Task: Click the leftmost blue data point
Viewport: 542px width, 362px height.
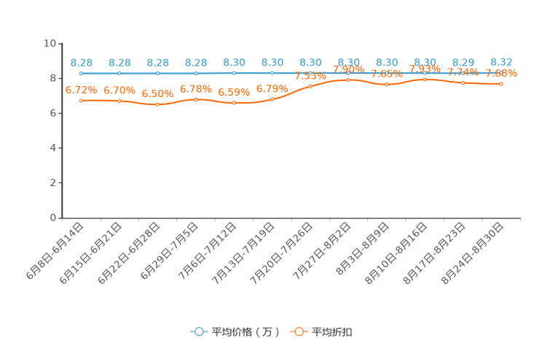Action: (82, 73)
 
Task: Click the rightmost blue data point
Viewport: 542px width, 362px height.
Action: (501, 73)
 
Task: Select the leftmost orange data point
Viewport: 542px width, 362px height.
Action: (82, 101)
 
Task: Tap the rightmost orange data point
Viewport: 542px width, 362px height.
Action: (501, 84)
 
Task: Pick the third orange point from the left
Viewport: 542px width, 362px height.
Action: (158, 105)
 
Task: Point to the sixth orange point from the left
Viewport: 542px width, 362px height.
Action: (272, 99)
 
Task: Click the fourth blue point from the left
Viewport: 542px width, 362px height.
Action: (196, 73)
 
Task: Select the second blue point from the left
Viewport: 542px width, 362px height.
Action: (119, 73)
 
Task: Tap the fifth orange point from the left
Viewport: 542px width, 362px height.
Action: (234, 104)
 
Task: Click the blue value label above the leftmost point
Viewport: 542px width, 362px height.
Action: (82, 63)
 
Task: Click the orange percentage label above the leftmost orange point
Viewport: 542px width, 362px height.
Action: (81, 90)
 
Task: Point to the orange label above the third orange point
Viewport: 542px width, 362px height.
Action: (158, 94)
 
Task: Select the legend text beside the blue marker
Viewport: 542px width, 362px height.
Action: (246, 332)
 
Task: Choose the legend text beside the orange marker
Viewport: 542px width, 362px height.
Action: (333, 332)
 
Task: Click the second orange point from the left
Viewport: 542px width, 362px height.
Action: (119, 101)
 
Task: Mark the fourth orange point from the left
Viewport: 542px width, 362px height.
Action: (196, 99)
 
